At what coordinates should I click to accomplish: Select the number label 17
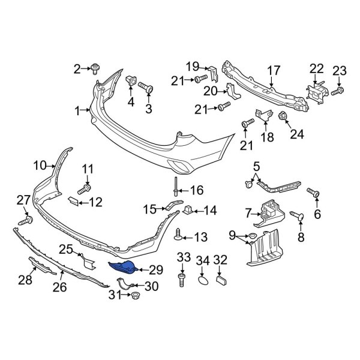click(x=274, y=70)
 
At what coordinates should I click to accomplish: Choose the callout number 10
click(x=40, y=164)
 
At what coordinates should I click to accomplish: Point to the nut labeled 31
click(x=135, y=295)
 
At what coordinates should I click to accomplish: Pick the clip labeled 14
click(x=190, y=211)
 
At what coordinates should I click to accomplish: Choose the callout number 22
click(x=316, y=70)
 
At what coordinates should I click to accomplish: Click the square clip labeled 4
click(x=131, y=82)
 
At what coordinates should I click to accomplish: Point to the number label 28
click(x=25, y=280)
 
